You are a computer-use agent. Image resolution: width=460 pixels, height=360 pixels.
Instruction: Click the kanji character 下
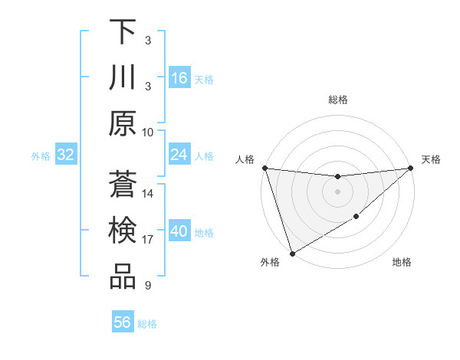(123, 31)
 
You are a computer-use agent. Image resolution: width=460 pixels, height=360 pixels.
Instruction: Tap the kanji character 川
(123, 77)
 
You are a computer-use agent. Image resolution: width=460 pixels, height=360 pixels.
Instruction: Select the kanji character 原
(123, 123)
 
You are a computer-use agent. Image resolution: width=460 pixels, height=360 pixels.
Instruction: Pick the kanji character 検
(123, 230)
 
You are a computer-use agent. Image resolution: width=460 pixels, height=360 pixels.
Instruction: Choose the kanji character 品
(123, 277)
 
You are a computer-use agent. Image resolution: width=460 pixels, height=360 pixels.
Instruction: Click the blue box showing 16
(179, 77)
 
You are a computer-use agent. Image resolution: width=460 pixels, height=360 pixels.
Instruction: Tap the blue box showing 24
(179, 155)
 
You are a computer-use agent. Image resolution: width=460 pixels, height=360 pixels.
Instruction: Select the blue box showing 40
(179, 231)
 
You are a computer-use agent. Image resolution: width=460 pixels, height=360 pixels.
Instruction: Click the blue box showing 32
(66, 155)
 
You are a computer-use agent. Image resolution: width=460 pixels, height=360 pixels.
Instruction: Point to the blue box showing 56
(123, 322)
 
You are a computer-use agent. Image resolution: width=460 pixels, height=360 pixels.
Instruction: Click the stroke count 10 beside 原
(148, 132)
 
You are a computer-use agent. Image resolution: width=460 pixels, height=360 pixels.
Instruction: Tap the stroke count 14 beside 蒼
(148, 193)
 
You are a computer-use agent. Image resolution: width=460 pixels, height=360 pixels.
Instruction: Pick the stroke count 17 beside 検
(148, 240)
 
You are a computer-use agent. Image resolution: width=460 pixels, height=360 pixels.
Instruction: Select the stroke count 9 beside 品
(147, 286)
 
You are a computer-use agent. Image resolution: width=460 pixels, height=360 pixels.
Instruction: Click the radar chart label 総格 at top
(337, 100)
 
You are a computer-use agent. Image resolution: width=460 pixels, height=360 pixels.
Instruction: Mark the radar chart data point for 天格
(411, 168)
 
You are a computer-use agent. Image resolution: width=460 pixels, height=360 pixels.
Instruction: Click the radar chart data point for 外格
(292, 254)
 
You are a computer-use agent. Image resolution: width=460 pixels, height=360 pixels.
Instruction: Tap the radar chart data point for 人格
(264, 168)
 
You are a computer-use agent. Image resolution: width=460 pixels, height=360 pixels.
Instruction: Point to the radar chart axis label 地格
(401, 263)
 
